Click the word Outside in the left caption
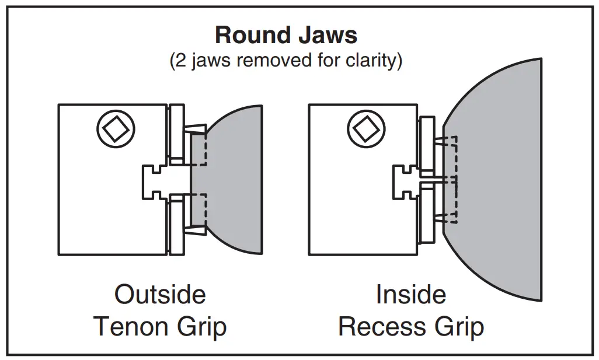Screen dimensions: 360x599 (160, 294)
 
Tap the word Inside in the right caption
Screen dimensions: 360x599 (410, 294)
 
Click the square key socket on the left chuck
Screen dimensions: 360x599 (116, 128)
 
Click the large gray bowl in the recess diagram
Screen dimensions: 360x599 (496, 181)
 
